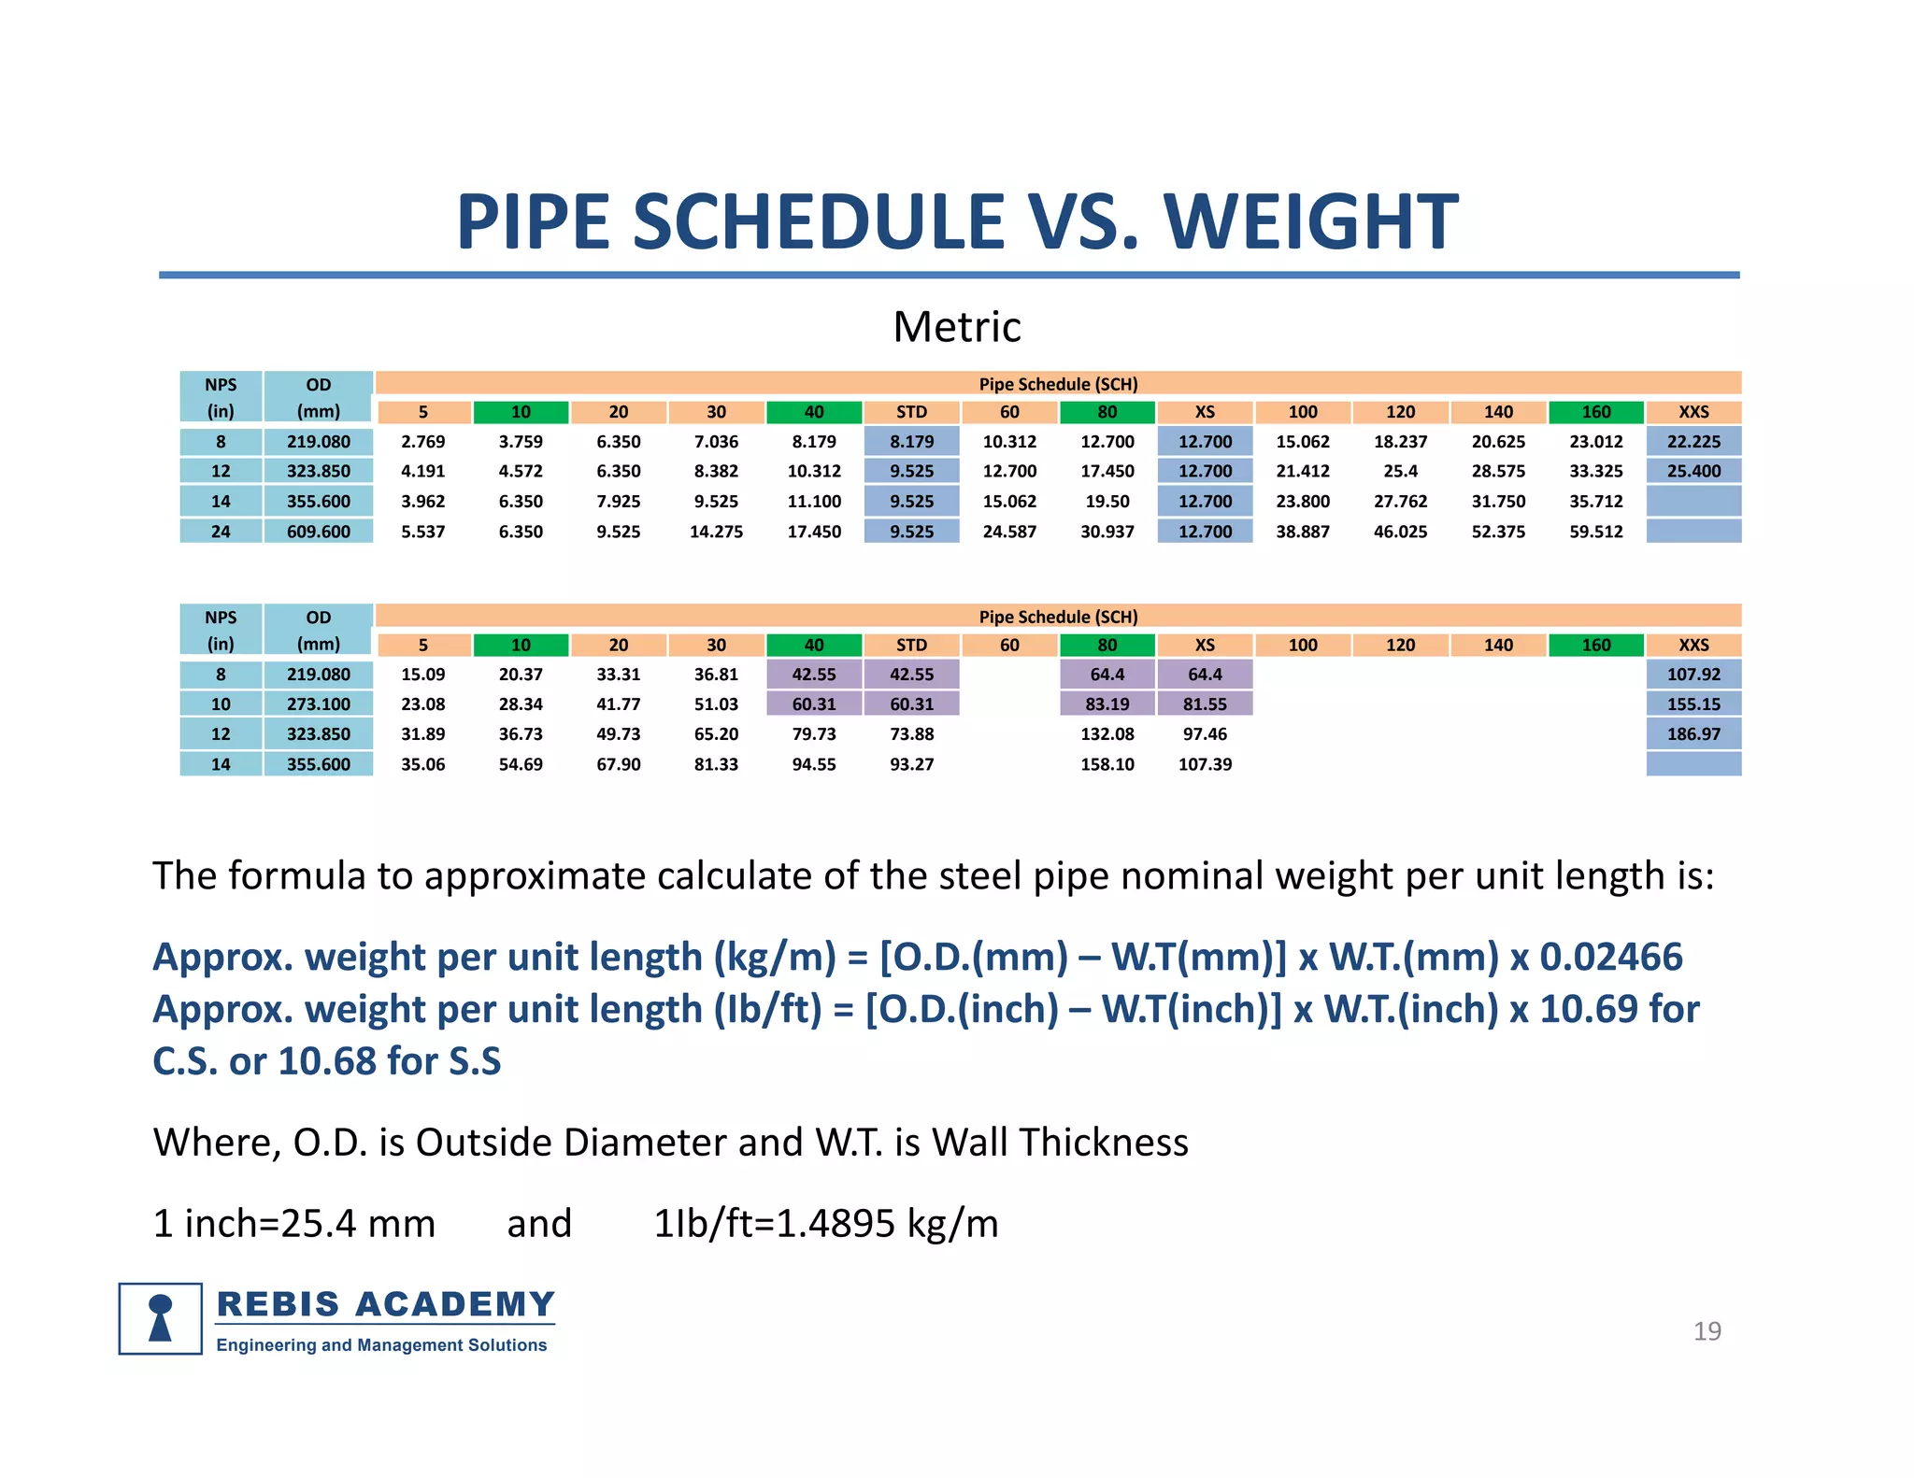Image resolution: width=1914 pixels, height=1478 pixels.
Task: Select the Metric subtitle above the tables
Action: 956,327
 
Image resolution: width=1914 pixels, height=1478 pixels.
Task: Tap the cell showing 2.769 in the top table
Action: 422,442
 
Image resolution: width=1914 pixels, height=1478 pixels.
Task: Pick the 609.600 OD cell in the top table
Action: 318,532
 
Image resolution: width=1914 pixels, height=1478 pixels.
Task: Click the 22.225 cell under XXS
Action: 1693,442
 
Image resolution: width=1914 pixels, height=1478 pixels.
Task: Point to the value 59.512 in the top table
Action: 1595,532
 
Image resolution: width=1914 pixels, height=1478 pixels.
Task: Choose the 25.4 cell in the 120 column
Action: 1400,472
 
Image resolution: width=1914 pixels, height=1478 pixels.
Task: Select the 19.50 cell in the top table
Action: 1107,502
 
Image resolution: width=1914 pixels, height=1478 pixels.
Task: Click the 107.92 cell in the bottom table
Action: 1693,675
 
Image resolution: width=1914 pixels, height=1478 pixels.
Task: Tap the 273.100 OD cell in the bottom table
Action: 318,704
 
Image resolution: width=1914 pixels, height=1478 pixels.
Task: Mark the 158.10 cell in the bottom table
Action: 1107,764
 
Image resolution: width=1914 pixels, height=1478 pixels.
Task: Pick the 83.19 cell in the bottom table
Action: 1107,704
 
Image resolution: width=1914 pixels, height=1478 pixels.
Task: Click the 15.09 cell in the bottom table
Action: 422,675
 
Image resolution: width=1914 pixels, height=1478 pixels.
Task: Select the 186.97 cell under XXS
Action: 1693,734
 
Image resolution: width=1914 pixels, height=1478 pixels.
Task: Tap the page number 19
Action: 1707,1331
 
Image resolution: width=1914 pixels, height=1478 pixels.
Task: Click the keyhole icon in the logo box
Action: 161,1318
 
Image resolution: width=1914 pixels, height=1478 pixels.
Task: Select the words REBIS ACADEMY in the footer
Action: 385,1304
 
